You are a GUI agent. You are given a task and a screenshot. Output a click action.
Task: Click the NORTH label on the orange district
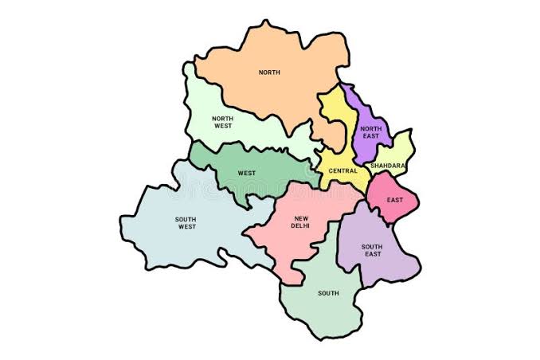pyautogui.click(x=269, y=72)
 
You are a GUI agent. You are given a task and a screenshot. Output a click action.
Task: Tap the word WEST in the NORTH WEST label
pyautogui.click(x=222, y=126)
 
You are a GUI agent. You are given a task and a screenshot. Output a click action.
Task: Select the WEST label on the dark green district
pyautogui.click(x=246, y=172)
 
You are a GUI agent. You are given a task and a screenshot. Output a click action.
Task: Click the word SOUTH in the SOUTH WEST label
pyautogui.click(x=186, y=219)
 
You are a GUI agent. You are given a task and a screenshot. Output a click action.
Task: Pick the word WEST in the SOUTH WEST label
pyautogui.click(x=186, y=227)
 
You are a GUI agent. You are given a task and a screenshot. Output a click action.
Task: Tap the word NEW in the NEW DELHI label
pyautogui.click(x=301, y=218)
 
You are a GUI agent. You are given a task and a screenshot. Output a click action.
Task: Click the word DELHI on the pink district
pyautogui.click(x=301, y=226)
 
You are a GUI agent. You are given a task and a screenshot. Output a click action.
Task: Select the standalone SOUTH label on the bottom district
pyautogui.click(x=328, y=293)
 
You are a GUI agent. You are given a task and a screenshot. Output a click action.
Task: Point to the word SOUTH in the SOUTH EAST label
pyautogui.click(x=372, y=247)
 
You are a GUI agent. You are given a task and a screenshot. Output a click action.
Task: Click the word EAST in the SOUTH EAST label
pyautogui.click(x=372, y=255)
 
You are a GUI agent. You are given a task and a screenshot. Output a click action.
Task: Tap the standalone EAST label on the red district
pyautogui.click(x=394, y=199)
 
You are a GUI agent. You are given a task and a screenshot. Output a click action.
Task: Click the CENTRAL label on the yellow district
pyautogui.click(x=342, y=170)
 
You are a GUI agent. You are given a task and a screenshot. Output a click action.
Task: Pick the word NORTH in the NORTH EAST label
pyautogui.click(x=370, y=129)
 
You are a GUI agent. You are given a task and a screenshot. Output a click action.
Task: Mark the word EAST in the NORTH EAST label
pyautogui.click(x=370, y=137)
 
